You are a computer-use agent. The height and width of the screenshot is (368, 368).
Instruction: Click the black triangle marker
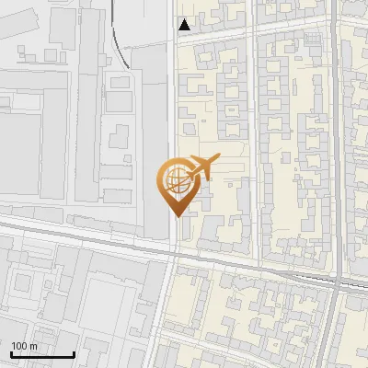(x=185, y=25)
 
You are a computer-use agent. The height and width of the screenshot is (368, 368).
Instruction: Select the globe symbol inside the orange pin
(x=175, y=181)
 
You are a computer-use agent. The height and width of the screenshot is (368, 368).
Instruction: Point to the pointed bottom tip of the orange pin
(x=175, y=216)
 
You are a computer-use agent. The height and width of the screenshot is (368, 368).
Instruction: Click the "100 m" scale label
(x=24, y=346)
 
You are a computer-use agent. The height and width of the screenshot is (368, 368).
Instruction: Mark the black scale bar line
(x=41, y=354)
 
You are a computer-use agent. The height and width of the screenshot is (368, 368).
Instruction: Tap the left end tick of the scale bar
(x=10, y=352)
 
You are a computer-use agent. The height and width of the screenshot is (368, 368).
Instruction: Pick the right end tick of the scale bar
(x=74, y=352)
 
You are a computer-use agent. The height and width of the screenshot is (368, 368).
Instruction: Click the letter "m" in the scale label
(x=33, y=346)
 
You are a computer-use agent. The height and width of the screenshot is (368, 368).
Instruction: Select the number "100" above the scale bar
(x=19, y=346)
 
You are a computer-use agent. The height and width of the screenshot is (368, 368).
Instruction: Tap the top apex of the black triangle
(x=185, y=19)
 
